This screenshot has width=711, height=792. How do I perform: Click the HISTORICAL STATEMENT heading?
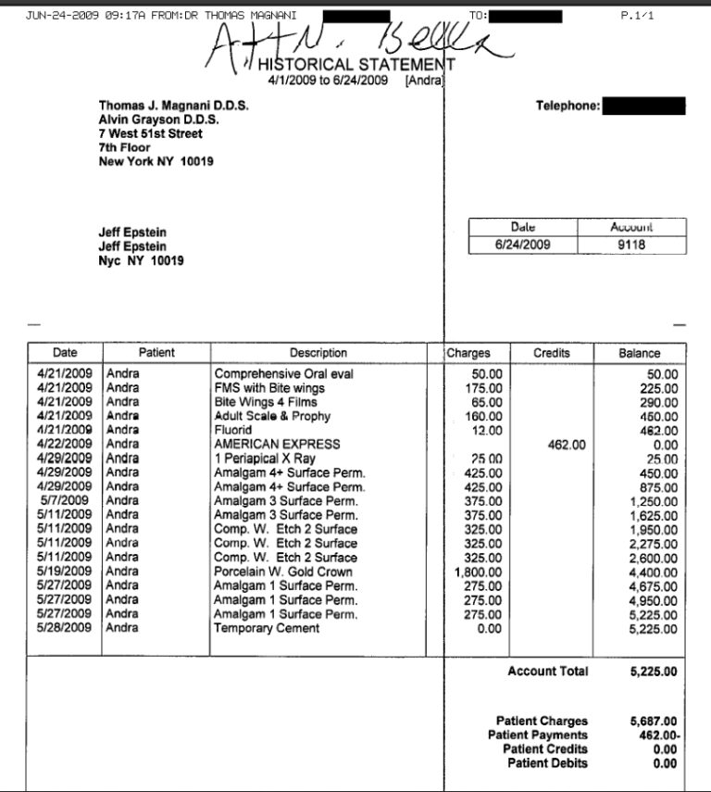pyautogui.click(x=356, y=65)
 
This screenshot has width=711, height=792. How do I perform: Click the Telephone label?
pyautogui.click(x=568, y=107)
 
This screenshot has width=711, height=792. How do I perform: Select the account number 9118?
pyautogui.click(x=632, y=245)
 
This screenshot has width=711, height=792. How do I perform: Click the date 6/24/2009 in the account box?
pyautogui.click(x=523, y=245)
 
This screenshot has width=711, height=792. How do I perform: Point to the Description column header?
pyautogui.click(x=318, y=353)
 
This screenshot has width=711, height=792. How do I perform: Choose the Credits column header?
pyautogui.click(x=552, y=353)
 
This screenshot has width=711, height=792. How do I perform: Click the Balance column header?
pyautogui.click(x=639, y=353)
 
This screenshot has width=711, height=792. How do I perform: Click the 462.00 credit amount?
pyautogui.click(x=567, y=445)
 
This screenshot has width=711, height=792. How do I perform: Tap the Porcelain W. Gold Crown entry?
pyautogui.click(x=282, y=572)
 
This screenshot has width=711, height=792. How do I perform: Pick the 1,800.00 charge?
pyautogui.click(x=482, y=572)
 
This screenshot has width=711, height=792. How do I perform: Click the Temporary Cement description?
pyautogui.click(x=267, y=628)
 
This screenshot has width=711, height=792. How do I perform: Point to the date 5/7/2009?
pyautogui.click(x=69, y=501)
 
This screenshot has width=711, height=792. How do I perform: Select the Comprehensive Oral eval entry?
pyautogui.click(x=284, y=374)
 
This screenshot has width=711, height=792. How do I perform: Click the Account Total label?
pyautogui.click(x=547, y=672)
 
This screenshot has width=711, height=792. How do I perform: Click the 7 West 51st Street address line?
pyautogui.click(x=150, y=133)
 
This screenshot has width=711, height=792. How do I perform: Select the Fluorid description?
pyautogui.click(x=234, y=431)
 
